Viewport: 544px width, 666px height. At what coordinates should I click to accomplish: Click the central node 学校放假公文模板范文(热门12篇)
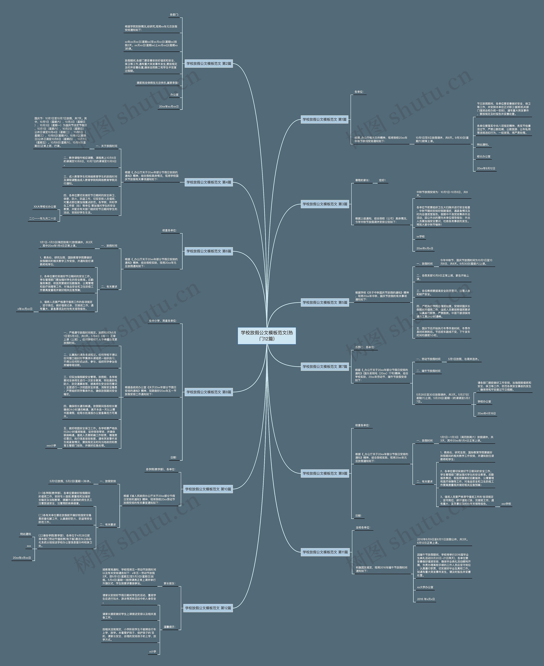[267, 335]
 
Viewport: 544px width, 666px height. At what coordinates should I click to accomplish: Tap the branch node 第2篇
[209, 64]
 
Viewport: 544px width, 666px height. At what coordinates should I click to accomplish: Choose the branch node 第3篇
[325, 204]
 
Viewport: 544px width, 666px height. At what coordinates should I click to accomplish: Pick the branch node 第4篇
[209, 182]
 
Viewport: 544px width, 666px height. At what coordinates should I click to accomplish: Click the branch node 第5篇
[325, 302]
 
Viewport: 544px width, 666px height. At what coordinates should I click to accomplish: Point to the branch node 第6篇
[209, 251]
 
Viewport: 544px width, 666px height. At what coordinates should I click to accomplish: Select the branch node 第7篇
[325, 366]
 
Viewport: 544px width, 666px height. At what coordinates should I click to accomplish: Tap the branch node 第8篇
[209, 392]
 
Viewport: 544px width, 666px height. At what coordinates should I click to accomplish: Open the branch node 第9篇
[325, 473]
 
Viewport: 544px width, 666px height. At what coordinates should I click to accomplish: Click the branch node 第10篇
[208, 489]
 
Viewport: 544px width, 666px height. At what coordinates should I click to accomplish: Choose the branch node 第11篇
[325, 552]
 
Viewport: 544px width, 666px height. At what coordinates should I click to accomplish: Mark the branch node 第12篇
[208, 608]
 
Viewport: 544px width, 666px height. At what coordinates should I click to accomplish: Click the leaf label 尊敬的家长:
[362, 180]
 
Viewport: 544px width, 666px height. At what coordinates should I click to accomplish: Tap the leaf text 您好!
[382, 180]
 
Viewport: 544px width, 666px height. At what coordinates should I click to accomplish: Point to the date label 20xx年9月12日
[486, 168]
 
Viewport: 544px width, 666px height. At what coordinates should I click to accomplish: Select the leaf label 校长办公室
[483, 156]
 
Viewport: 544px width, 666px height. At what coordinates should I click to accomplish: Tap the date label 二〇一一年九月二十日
[43, 219]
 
